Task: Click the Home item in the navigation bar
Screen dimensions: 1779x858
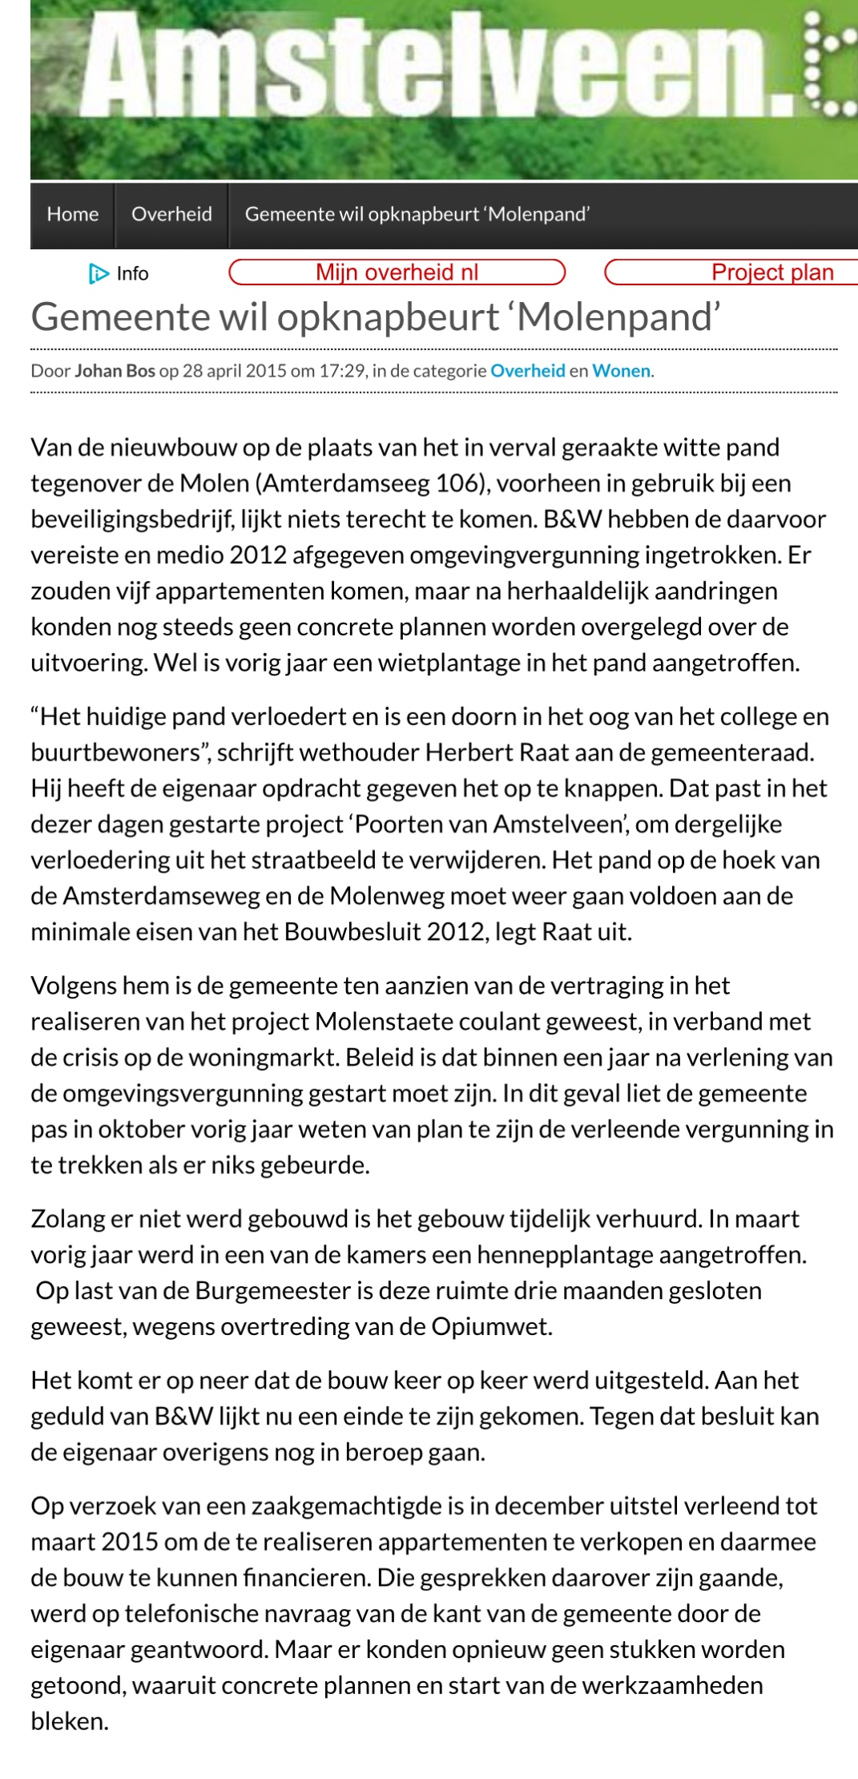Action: (72, 214)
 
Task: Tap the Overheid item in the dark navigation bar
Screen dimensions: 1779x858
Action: (171, 214)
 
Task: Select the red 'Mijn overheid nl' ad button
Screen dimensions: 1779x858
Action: (397, 272)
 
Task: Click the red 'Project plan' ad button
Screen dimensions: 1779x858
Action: (771, 272)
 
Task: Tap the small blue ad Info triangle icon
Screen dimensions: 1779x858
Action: (99, 274)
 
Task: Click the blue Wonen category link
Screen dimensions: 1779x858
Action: (621, 370)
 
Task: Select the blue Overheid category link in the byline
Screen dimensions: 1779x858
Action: (527, 370)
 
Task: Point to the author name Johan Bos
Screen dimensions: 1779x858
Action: (115, 370)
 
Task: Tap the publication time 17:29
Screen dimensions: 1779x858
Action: (346, 370)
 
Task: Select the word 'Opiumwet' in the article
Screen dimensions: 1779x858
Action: (490, 1326)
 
